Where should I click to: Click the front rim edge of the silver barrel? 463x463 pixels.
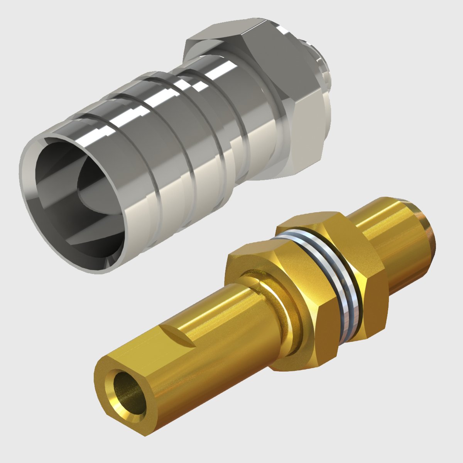pos(27,170)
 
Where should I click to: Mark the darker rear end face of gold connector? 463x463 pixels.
pos(430,231)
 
